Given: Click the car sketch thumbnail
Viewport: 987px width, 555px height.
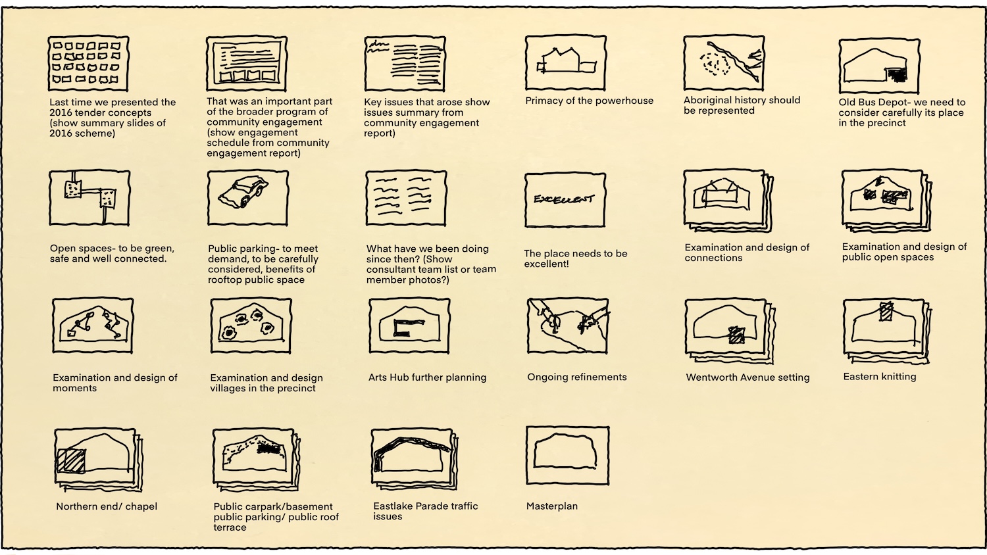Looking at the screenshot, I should tap(247, 197).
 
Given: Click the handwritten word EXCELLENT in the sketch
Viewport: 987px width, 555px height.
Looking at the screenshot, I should tap(563, 199).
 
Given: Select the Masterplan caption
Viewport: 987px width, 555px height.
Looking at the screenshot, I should tap(552, 506).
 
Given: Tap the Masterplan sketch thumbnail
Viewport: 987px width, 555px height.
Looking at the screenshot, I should tap(567, 456).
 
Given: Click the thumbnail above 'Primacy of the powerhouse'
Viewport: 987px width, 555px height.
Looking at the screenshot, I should tap(565, 63).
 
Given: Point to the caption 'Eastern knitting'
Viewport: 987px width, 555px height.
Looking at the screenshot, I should tap(879, 377).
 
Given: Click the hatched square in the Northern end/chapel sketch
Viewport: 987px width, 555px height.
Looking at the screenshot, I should tap(71, 460).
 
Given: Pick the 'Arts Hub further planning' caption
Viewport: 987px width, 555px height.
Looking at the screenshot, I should tap(427, 377).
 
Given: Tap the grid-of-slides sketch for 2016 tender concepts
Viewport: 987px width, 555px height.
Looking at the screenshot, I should tap(88, 63).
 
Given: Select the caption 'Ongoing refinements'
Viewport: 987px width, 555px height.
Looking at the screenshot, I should tap(576, 377).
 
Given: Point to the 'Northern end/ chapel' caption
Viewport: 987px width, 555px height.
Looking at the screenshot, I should tap(107, 507).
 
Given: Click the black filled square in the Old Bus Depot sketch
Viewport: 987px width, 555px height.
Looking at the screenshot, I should tap(896, 75).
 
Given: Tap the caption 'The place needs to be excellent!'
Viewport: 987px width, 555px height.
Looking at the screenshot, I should tap(575, 258).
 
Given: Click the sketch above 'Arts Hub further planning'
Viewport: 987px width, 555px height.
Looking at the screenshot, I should tap(409, 326).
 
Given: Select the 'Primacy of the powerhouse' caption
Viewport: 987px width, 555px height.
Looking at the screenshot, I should tap(589, 101).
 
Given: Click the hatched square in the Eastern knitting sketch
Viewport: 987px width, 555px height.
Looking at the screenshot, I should tap(886, 312).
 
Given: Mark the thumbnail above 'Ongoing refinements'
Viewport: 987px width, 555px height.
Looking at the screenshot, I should tap(567, 326).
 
